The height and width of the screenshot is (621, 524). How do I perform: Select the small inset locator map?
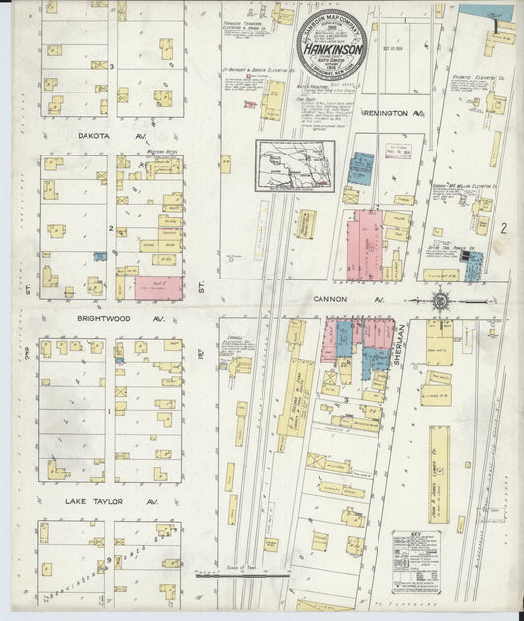coord(295,164)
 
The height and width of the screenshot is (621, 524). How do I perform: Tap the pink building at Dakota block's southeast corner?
coord(158,286)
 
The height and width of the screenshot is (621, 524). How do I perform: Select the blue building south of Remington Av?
coord(361,168)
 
